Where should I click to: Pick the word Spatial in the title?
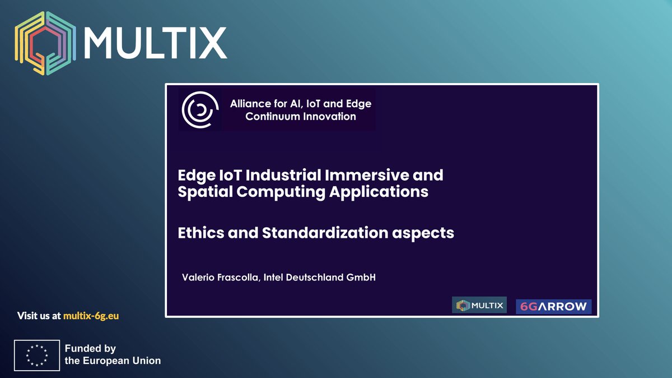(203, 192)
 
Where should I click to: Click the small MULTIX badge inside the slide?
(479, 305)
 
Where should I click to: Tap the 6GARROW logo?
(553, 306)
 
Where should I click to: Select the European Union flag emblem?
(37, 355)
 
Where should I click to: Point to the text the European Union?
(113, 361)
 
